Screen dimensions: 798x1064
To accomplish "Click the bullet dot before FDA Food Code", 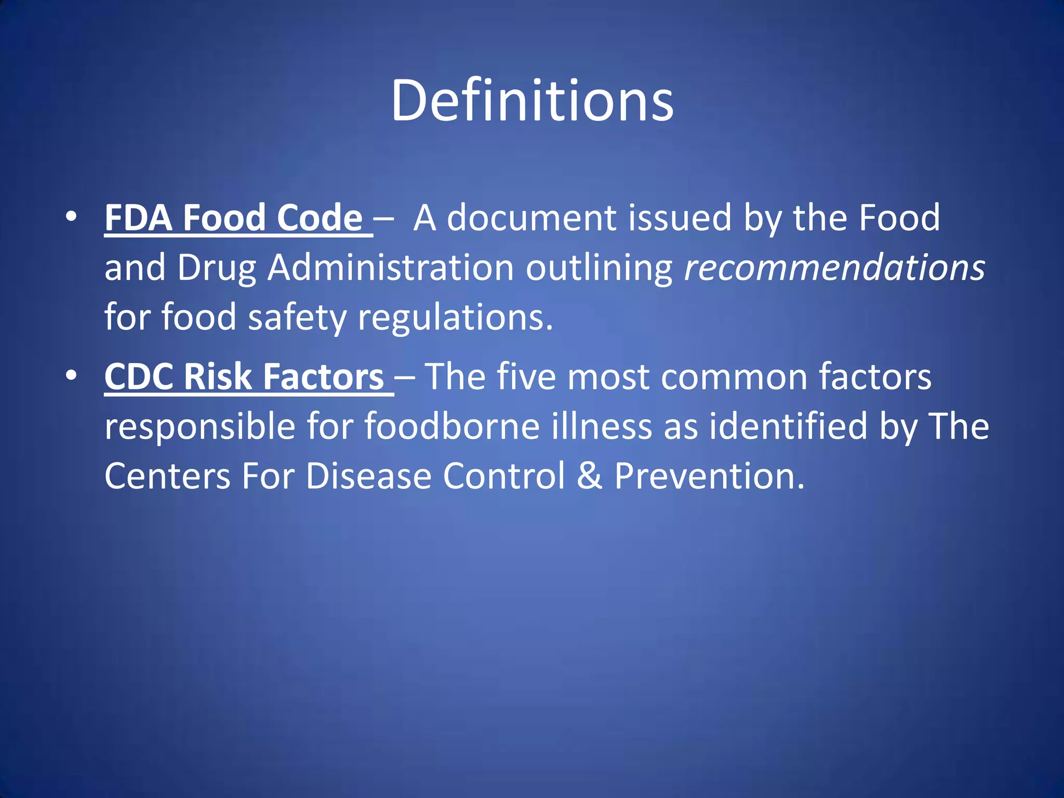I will [x=71, y=216].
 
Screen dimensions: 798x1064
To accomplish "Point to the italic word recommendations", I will [x=834, y=268].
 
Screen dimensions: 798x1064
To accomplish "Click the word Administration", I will [x=391, y=268].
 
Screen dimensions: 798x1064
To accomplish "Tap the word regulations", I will [x=455, y=318].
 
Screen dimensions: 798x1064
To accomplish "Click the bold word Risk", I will [x=217, y=376].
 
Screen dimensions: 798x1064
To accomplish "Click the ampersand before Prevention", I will [x=589, y=476].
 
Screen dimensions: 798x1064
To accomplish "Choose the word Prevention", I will [x=709, y=476].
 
